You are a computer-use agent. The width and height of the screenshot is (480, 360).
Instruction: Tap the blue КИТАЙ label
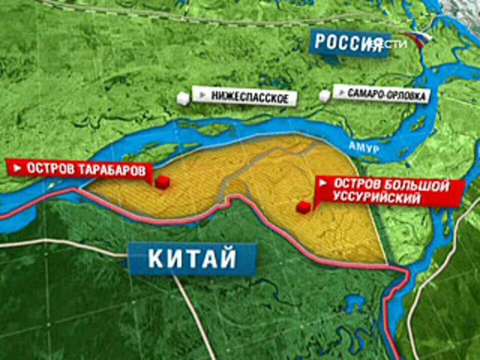(192, 259)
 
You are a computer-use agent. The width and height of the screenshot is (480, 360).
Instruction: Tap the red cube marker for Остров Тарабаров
(161, 182)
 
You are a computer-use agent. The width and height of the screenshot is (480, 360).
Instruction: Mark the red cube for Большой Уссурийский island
(303, 207)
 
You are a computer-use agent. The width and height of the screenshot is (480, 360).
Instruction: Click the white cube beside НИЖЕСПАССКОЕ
(183, 98)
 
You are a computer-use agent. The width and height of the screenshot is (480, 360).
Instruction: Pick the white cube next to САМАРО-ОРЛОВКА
(325, 95)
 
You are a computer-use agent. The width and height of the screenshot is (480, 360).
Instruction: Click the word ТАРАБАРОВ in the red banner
(109, 170)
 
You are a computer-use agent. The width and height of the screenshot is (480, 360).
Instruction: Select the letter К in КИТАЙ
(157, 259)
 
